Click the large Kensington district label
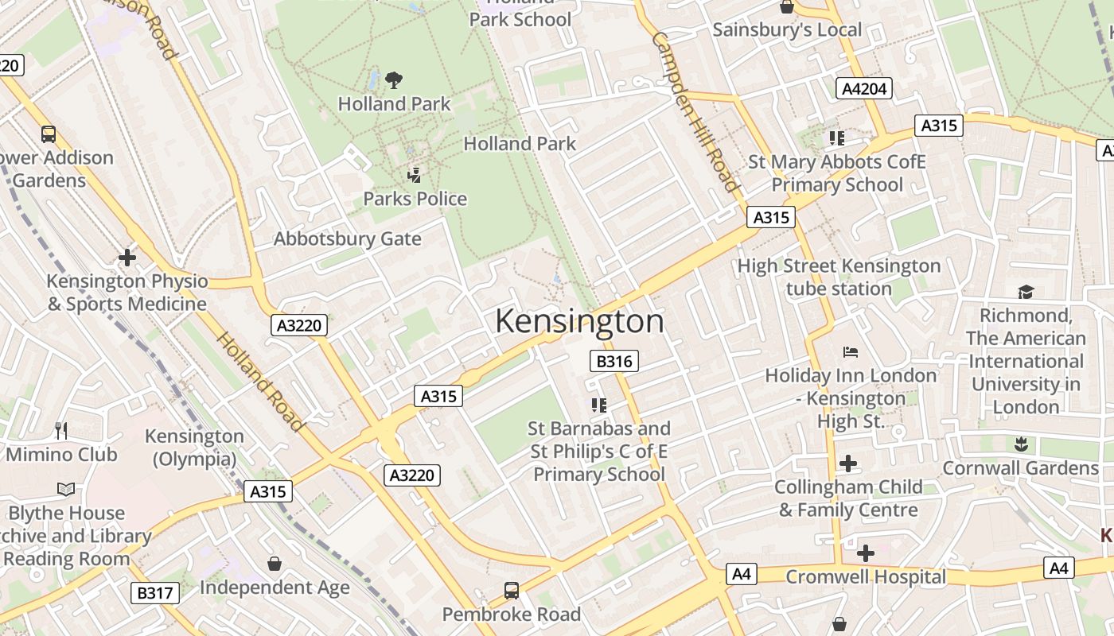pos(579,321)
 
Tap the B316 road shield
pos(614,362)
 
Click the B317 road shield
pos(154,592)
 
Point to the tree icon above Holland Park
pos(393,79)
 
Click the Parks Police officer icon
pos(414,175)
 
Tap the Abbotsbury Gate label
pos(348,238)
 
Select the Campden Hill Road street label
pos(695,111)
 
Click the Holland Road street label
pos(260,382)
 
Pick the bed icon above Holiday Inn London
pos(851,351)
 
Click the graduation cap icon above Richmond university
pos(1025,292)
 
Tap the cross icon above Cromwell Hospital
pos(866,553)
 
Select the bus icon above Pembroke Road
pos(512,591)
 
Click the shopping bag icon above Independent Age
pos(275,564)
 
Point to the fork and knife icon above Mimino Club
pos(61,431)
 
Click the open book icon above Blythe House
pos(67,489)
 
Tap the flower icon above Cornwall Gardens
pos(1020,444)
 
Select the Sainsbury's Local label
pos(787,30)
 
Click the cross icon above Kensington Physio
pos(127,258)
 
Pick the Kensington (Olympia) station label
pos(194,448)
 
